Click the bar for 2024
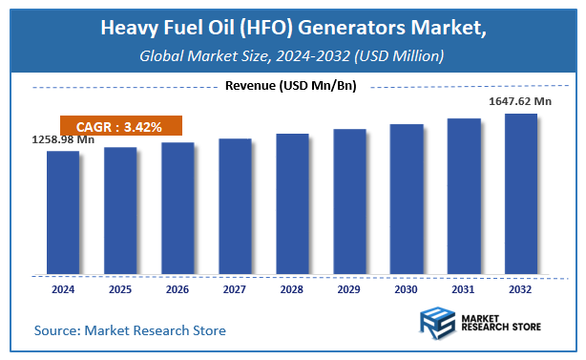point(63,212)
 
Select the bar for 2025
point(120,210)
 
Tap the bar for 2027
point(235,206)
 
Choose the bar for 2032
point(521,194)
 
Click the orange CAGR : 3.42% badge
point(119,126)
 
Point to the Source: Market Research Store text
point(130,330)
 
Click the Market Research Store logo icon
point(437,325)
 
